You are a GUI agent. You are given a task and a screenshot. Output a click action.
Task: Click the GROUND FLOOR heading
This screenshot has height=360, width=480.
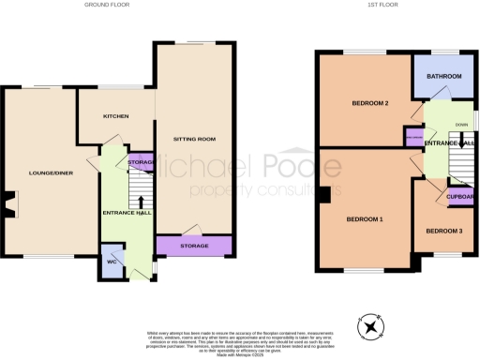click(106, 6)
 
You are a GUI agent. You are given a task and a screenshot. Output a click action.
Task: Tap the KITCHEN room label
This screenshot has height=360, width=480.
click(114, 117)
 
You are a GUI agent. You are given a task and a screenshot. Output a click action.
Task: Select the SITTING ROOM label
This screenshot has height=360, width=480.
click(195, 139)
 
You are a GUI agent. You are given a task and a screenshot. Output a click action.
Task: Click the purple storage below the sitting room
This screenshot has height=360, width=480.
click(194, 246)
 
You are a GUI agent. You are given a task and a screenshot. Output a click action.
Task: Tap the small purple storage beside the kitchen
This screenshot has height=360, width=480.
click(141, 163)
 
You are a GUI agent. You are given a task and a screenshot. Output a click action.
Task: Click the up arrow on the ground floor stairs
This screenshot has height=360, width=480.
click(141, 199)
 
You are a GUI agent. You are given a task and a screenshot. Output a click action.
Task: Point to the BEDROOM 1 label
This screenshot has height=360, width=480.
click(365, 218)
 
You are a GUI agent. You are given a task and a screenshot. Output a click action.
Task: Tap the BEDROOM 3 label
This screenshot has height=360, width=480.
click(443, 231)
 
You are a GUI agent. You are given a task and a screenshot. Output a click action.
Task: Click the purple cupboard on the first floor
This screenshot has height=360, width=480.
click(459, 197)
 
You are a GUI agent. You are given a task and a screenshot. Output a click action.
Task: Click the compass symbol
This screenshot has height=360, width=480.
click(372, 327)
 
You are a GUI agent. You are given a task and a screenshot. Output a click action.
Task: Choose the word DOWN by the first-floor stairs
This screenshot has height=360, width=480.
click(461, 125)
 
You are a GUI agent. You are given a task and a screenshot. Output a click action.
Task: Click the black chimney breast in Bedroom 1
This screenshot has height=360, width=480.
click(322, 195)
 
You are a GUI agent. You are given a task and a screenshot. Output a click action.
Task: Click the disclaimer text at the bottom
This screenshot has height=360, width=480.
click(239, 342)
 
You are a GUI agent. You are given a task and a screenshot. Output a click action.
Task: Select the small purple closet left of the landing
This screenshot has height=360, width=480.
click(413, 138)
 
